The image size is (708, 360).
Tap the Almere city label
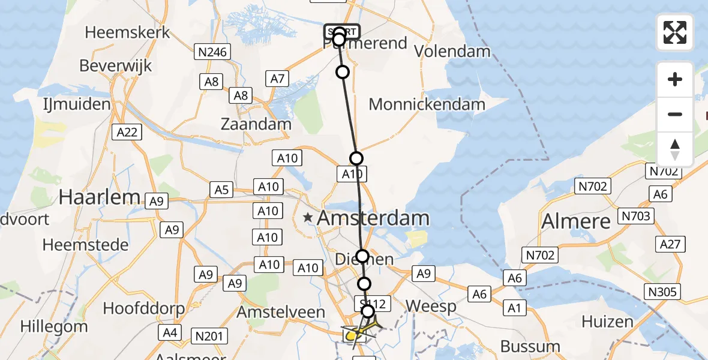click(x=576, y=221)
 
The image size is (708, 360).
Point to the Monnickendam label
click(x=427, y=104)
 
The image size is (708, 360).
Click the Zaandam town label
click(x=256, y=125)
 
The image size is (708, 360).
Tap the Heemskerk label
click(x=128, y=32)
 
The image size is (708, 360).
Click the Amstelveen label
click(x=281, y=312)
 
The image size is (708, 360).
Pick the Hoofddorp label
click(x=142, y=308)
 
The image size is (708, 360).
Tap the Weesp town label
click(x=431, y=306)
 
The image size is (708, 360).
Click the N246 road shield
click(x=213, y=52)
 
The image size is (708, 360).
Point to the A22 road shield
click(x=127, y=132)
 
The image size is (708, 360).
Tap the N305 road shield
click(x=663, y=292)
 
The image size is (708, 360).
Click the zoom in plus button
click(x=675, y=79)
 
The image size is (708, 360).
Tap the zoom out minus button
click(x=675, y=114)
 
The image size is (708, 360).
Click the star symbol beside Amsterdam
click(x=308, y=218)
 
